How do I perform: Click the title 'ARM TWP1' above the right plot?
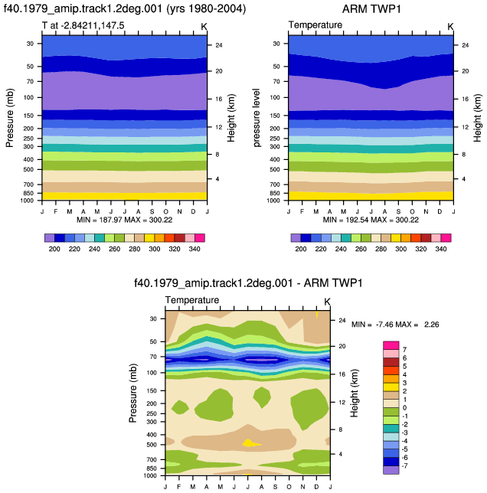point(371,9)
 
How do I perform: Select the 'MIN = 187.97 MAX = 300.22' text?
point(125,220)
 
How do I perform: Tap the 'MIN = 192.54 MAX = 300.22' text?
point(371,220)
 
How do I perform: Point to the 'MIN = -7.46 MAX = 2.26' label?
point(395,324)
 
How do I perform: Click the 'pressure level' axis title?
point(257,118)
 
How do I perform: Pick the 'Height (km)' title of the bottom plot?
point(355,393)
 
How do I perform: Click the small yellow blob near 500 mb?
point(250,443)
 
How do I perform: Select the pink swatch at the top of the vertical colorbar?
point(391,345)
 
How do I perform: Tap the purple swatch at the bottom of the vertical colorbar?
point(391,470)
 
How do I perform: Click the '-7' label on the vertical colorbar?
point(404,465)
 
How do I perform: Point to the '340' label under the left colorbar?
point(194,249)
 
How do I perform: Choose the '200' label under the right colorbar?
point(301,249)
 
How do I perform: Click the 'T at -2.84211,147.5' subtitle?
point(83,25)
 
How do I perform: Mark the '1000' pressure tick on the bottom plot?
point(150,475)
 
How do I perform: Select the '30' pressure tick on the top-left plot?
point(30,44)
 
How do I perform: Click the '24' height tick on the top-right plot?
point(466,45)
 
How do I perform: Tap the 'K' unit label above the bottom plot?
point(327,302)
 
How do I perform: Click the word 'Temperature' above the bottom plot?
point(192,300)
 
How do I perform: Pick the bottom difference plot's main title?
point(248,283)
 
